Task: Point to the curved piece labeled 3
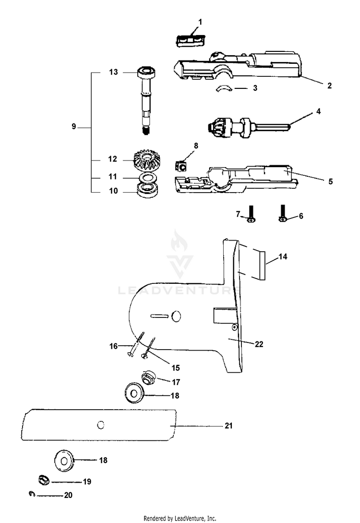coord(223,89)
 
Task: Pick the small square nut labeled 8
coord(181,166)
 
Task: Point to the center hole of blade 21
coord(100,425)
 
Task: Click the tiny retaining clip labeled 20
coord(31,493)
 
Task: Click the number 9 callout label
coord(73,127)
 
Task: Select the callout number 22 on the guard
coord(258,344)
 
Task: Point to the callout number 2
coord(329,86)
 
